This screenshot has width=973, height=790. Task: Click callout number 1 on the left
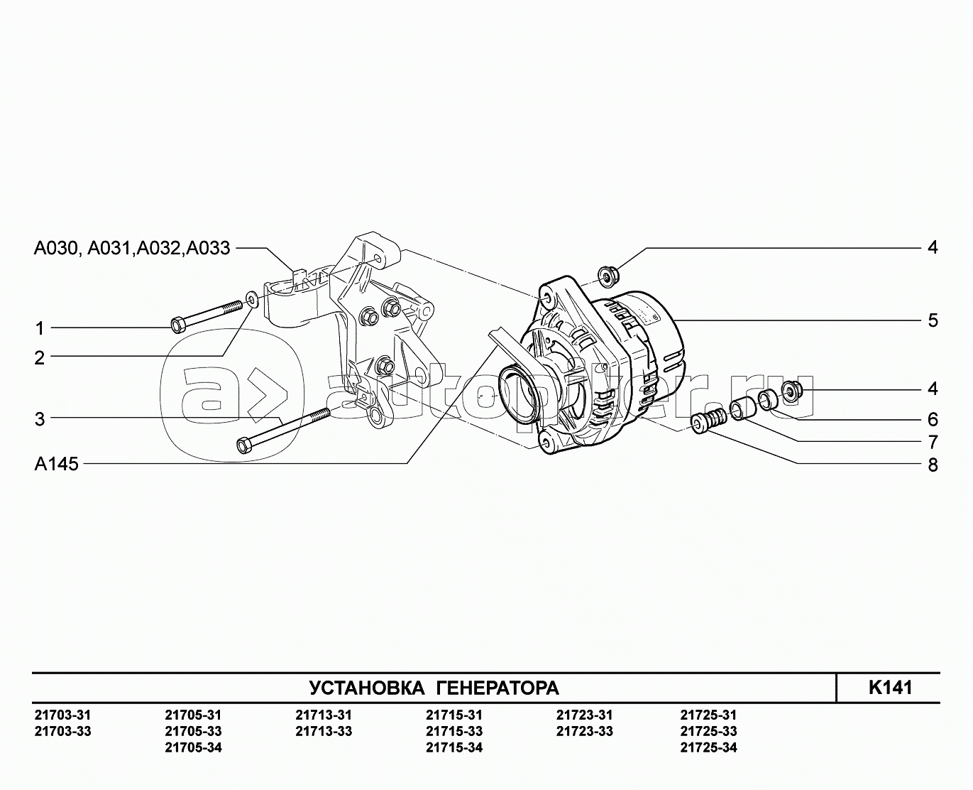pyautogui.click(x=40, y=328)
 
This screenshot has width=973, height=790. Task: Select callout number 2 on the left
pyautogui.click(x=40, y=358)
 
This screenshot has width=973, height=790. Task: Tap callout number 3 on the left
pyautogui.click(x=40, y=419)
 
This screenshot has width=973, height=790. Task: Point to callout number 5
pyautogui.click(x=933, y=320)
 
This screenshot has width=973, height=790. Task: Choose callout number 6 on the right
pyautogui.click(x=933, y=419)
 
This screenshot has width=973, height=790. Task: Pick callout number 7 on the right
pyautogui.click(x=933, y=442)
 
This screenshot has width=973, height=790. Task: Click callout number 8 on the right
pyautogui.click(x=933, y=465)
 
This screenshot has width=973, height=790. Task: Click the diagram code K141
pyautogui.click(x=890, y=688)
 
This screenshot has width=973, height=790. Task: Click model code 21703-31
pyautogui.click(x=62, y=715)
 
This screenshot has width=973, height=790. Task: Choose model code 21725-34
pyautogui.click(x=708, y=747)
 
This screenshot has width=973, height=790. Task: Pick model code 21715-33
pyautogui.click(x=454, y=732)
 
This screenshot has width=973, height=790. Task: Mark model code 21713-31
pyautogui.click(x=323, y=715)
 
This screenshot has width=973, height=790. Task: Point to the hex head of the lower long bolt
pyautogui.click(x=243, y=445)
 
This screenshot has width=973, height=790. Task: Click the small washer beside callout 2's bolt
pyautogui.click(x=252, y=296)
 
